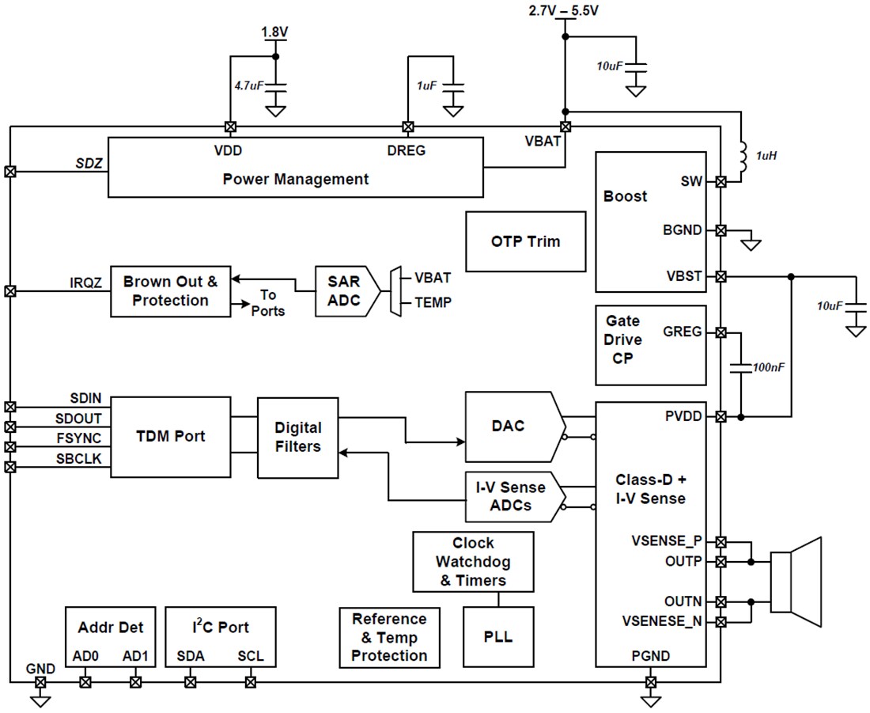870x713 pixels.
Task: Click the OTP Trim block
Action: click(526, 241)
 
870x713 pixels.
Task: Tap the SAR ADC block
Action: click(344, 291)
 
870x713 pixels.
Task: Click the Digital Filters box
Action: click(297, 437)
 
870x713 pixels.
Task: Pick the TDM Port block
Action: click(170, 437)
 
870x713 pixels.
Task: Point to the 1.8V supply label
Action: click(275, 32)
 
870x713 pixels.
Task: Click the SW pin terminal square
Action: click(721, 181)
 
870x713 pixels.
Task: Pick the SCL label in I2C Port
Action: click(251, 657)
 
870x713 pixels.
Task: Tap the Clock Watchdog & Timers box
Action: click(473, 562)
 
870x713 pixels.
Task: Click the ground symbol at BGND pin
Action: click(751, 245)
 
